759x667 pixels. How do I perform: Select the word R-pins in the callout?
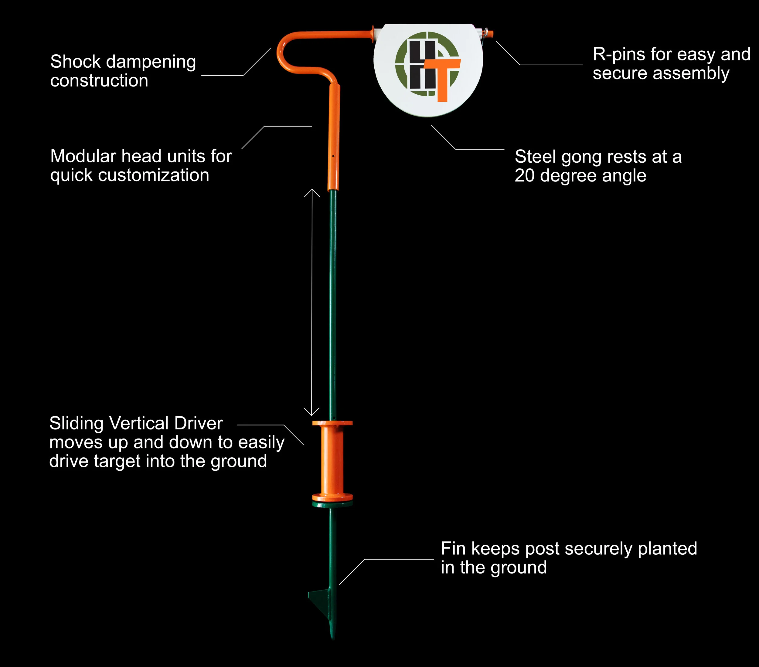[x=618, y=55]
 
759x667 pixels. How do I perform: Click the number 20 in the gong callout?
[x=524, y=176]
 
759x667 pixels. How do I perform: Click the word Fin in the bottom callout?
[x=453, y=549]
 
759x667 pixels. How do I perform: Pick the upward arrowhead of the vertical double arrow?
[x=312, y=193]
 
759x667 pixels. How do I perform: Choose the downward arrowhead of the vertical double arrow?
[x=311, y=411]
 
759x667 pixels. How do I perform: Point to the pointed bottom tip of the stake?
[x=333, y=639]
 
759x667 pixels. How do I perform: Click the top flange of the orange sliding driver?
[x=332, y=423]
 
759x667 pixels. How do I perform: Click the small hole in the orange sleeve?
[x=333, y=156]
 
